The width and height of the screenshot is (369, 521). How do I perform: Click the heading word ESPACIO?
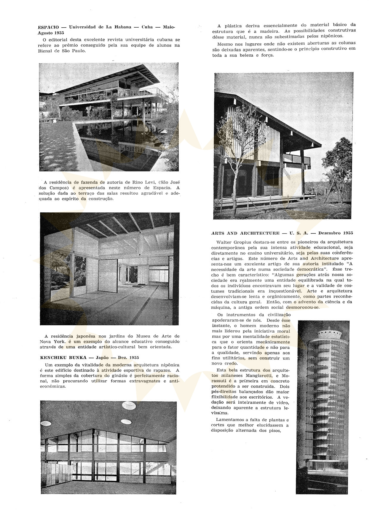pyautogui.click(x=49, y=27)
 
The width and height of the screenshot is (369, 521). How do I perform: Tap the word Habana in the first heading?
pyautogui.click(x=121, y=27)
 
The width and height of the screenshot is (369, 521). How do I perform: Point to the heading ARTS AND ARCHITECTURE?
pyautogui.click(x=246, y=233)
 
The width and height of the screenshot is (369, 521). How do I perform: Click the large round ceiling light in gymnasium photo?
pyautogui.click(x=129, y=405)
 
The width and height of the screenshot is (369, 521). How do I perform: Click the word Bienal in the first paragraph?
pyautogui.click(x=45, y=51)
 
